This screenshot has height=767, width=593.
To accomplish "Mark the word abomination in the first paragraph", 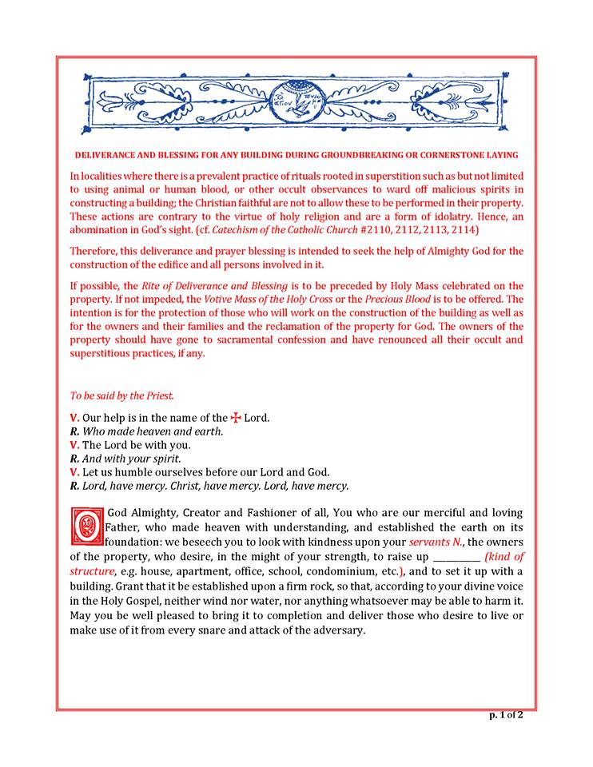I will (x=102, y=229).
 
